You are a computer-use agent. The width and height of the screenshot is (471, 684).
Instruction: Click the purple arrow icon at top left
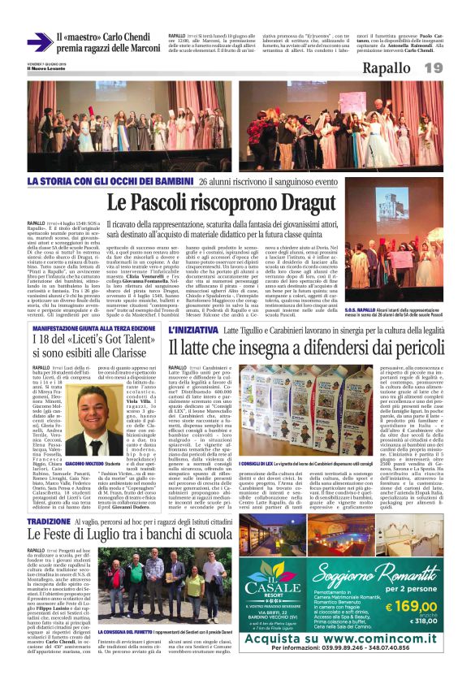click(39, 41)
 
